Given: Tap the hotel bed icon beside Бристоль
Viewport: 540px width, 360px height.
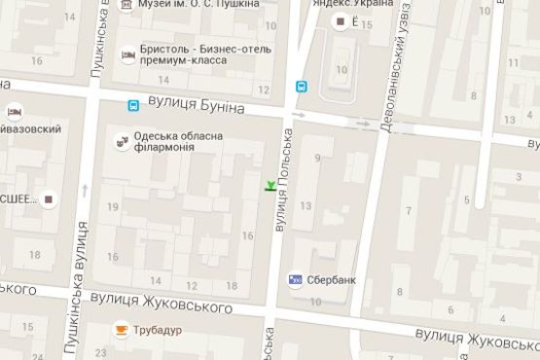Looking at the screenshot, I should tap(127, 54).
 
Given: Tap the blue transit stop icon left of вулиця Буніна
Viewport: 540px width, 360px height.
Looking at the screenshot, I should tap(132, 105).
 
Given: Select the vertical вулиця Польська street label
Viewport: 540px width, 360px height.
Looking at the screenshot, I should tap(284, 179).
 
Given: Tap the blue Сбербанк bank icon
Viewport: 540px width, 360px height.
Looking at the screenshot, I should tap(295, 280).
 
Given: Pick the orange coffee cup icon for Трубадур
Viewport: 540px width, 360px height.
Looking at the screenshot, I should tap(122, 330).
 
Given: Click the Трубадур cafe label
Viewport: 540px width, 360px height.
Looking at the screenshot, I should tap(160, 331).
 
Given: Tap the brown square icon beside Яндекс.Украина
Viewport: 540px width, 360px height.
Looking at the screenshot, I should tap(340, 21).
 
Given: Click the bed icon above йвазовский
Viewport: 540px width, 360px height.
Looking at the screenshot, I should tap(15, 110).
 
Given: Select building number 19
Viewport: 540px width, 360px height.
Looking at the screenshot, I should tap(113, 206).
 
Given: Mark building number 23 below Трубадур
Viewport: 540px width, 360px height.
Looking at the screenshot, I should tap(101, 352).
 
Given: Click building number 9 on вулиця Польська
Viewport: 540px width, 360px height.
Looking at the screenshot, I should tap(317, 158).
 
